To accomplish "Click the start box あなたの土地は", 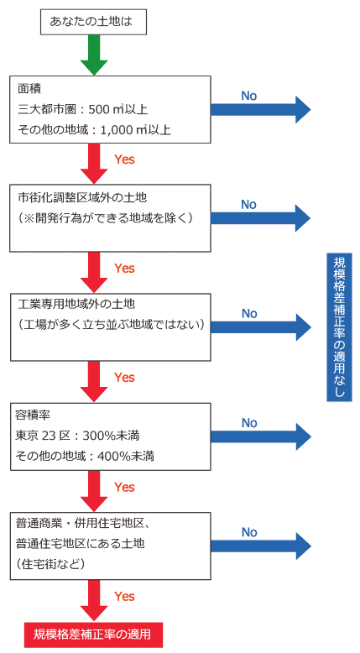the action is point(94,21).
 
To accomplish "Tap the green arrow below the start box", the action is point(94,55).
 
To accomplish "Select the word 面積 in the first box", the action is point(29,89).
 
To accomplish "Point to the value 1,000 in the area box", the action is point(117,130).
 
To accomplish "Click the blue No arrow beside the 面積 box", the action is point(260,109).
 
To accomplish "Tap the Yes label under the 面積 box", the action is point(124,159).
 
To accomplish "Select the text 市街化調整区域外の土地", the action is point(82,197).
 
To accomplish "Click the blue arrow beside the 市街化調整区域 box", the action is point(260,217).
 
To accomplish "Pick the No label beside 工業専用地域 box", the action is point(249,314).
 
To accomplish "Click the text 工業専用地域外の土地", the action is point(76,304).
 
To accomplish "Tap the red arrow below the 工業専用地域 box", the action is point(94,381).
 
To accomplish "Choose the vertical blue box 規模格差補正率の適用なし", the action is point(339,327).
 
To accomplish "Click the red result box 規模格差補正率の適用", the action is point(93,635).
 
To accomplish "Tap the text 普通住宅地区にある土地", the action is point(80,544).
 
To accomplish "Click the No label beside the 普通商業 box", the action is point(249,532).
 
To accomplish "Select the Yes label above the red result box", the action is point(124,597).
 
